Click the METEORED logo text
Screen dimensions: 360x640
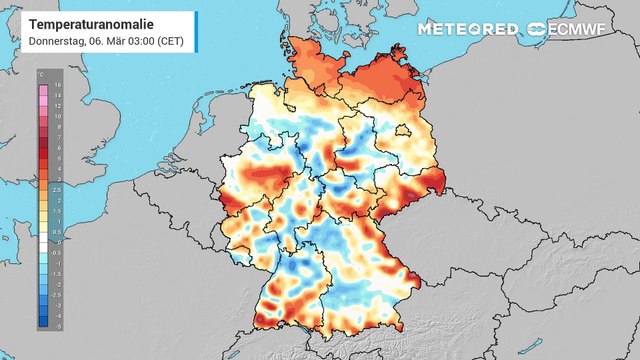pyautogui.click(x=468, y=28)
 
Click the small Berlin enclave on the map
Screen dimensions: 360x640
pyautogui.click(x=403, y=130)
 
